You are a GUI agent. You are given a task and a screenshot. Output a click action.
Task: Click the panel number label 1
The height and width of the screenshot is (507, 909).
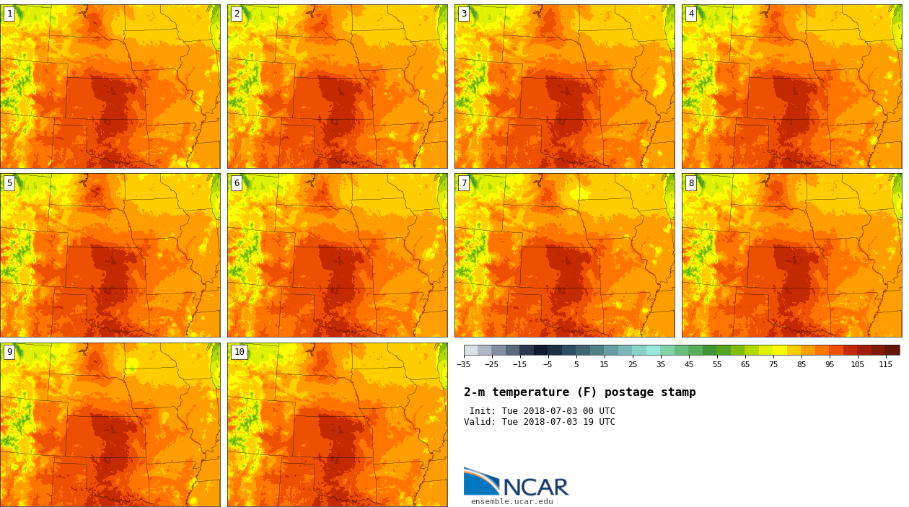9,14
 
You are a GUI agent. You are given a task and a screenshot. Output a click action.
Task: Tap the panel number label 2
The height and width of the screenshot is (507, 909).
237,14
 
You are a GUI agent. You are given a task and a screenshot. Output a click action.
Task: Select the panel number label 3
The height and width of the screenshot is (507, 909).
464,14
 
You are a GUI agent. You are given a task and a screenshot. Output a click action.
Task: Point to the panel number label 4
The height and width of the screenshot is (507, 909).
691,14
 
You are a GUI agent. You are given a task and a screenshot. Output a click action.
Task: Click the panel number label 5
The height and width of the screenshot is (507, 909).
9,183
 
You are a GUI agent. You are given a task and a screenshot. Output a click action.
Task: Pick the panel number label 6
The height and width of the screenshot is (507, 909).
237,183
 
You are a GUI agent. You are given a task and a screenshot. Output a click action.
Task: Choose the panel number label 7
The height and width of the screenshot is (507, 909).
464,183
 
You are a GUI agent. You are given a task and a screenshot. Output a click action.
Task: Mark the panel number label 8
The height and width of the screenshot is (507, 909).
691,183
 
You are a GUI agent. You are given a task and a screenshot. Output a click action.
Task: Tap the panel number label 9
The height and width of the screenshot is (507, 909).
9,352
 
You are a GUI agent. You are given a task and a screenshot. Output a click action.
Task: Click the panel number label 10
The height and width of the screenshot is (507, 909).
239,352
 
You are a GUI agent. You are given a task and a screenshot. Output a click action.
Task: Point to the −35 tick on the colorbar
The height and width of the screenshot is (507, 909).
464,364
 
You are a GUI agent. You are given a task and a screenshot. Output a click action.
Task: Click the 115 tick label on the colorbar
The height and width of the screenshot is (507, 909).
885,364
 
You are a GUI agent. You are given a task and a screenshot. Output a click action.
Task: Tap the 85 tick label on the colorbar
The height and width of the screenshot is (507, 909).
801,364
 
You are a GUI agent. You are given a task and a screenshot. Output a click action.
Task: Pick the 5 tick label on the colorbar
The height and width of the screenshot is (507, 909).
576,364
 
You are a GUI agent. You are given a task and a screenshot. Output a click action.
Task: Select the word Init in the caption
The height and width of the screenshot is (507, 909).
483,411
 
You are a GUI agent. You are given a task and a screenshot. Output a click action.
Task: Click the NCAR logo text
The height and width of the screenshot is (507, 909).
535,487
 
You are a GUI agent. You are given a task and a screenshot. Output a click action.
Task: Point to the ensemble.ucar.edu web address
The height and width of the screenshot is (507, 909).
511,501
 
